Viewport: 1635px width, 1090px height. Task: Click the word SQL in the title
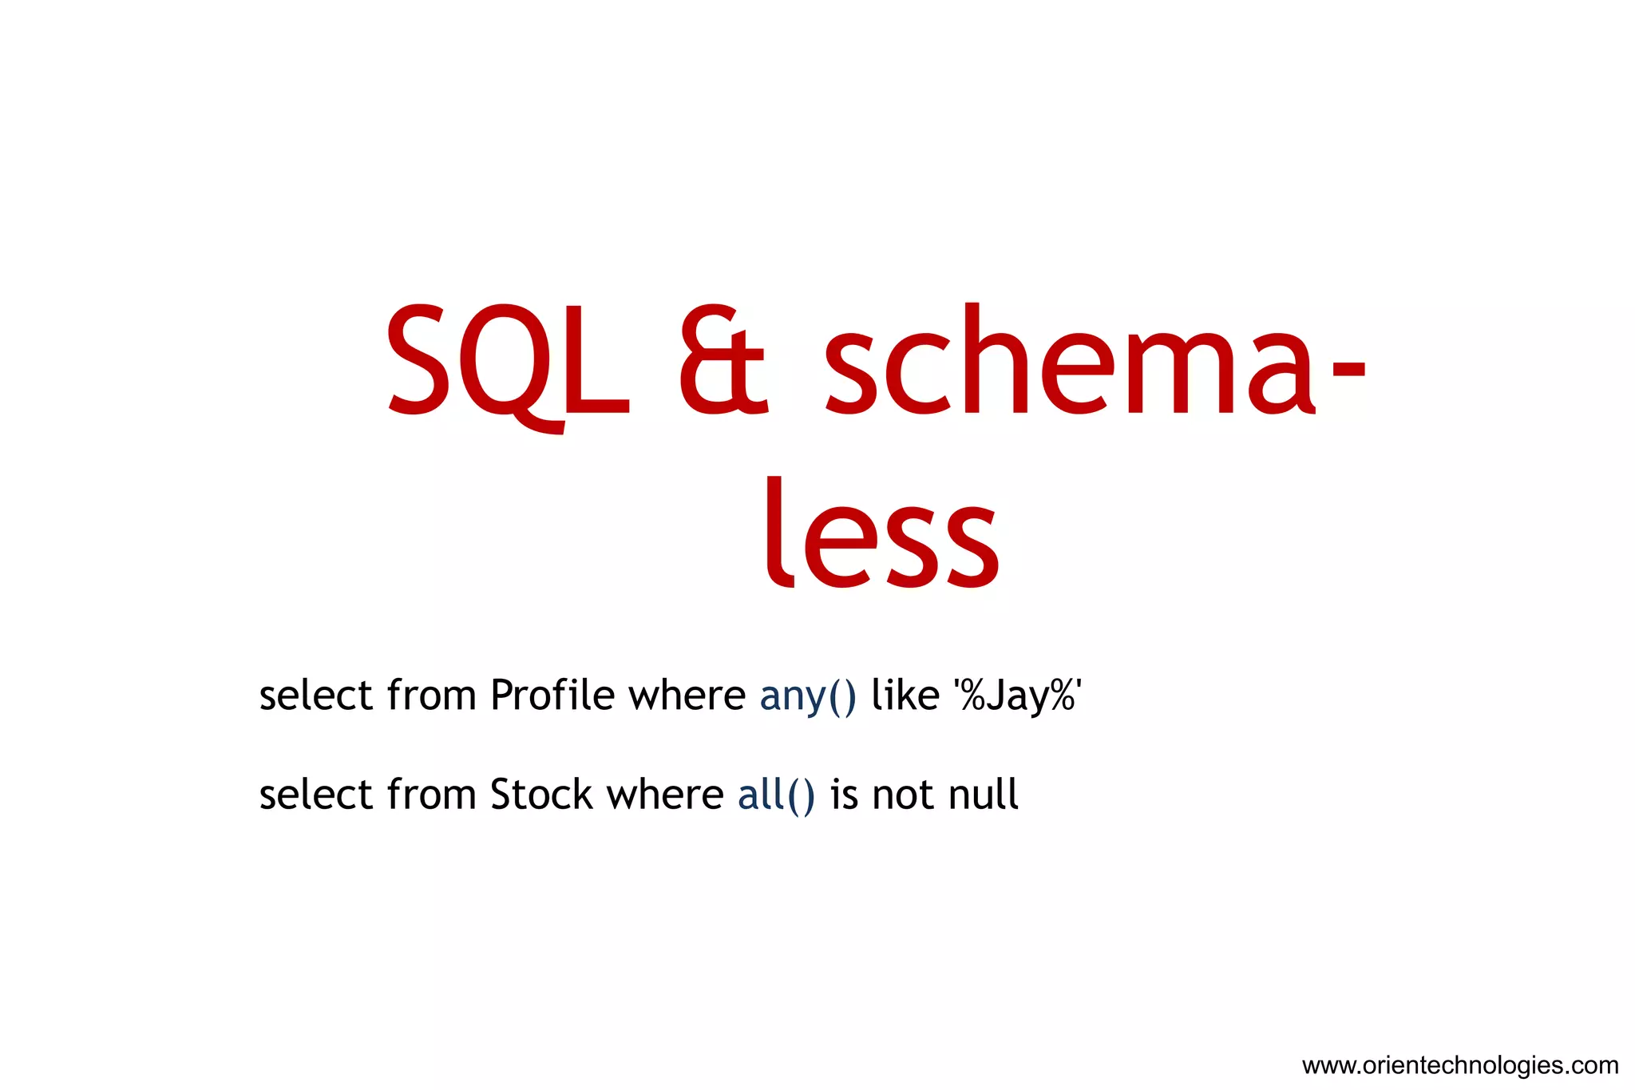[507, 363]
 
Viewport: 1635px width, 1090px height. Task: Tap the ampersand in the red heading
[722, 363]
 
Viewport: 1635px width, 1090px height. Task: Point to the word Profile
[552, 695]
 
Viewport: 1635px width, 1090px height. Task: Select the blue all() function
[776, 795]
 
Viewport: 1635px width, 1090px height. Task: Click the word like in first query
[905, 695]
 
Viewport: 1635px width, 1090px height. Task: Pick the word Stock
[541, 795]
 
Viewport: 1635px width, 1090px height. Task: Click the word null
[983, 795]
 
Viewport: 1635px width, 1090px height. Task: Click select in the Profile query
[316, 695]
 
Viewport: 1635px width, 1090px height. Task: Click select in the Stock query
[316, 795]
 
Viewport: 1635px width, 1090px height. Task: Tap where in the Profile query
[687, 695]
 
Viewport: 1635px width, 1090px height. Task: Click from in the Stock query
[431, 795]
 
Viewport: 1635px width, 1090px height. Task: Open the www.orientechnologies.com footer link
[1459, 1065]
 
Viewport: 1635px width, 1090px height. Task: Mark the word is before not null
[844, 795]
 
